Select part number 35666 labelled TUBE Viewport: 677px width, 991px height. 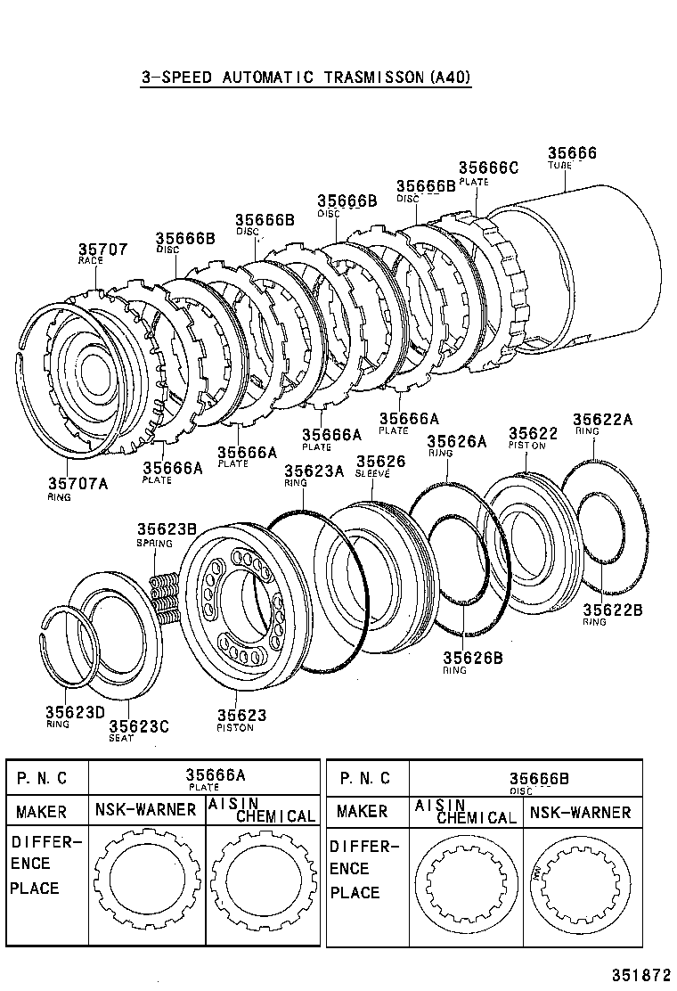click(x=571, y=154)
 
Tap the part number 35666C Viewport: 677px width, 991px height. click(x=487, y=168)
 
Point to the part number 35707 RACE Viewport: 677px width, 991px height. click(x=102, y=250)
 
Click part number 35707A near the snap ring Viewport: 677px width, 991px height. click(x=77, y=483)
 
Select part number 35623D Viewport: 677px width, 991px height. click(x=75, y=712)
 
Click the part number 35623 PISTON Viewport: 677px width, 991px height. click(x=241, y=716)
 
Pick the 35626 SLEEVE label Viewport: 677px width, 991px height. click(x=380, y=461)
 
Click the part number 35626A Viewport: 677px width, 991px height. click(x=456, y=441)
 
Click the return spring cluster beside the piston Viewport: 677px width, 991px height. click(x=163, y=596)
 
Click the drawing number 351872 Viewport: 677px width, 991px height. click(x=638, y=974)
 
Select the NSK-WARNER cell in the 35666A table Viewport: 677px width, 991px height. click(x=146, y=810)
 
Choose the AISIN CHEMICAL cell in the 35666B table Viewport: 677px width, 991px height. click(x=465, y=811)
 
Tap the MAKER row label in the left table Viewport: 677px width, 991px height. click(x=41, y=812)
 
